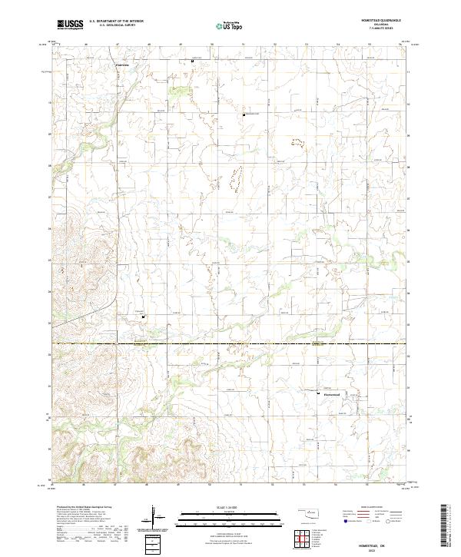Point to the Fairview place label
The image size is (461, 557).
(122, 65)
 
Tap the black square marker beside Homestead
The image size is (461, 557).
(319, 393)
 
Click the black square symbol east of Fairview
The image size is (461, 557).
(192, 61)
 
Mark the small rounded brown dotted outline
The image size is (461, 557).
(297, 141)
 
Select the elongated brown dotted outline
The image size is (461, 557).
(236, 177)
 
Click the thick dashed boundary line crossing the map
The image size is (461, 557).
(230, 343)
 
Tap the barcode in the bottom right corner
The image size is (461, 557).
(443, 530)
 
